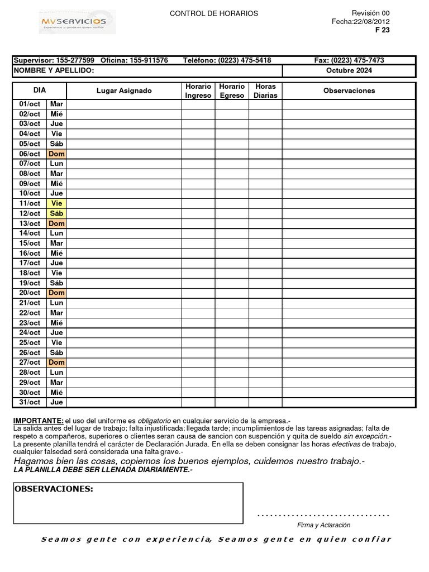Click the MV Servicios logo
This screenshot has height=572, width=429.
[x=78, y=22]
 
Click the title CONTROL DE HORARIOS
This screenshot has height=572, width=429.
[x=213, y=13]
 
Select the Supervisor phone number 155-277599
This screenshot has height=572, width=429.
[x=75, y=60]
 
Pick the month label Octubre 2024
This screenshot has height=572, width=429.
[x=349, y=70]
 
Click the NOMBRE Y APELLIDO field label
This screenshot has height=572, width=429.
[x=54, y=70]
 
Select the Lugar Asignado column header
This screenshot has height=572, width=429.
[x=124, y=90]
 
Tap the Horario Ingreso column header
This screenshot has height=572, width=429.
[x=198, y=90]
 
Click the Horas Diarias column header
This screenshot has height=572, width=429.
[x=265, y=90]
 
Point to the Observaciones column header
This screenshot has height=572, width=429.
[x=349, y=90]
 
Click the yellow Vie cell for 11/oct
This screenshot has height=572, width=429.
[x=56, y=203]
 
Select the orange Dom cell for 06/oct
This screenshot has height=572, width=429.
[x=56, y=154]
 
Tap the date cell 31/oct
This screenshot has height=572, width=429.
[x=30, y=402]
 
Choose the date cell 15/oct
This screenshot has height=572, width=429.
[x=30, y=243]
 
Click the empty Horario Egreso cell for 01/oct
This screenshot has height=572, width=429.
[x=232, y=104]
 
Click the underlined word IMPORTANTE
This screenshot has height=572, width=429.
[x=38, y=420]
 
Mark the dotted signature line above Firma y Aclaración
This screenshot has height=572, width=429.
[x=323, y=514]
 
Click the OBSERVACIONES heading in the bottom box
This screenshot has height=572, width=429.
[x=54, y=489]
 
